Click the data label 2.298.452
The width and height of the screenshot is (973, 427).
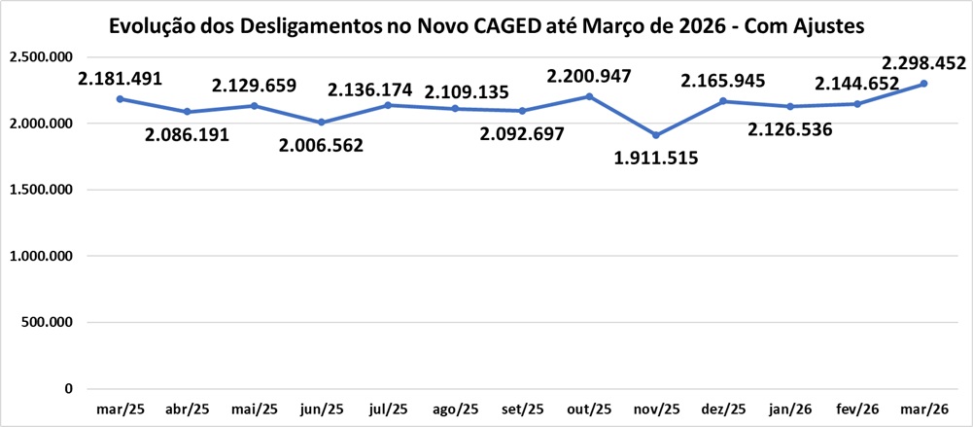922,64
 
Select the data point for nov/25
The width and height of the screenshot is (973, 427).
656,135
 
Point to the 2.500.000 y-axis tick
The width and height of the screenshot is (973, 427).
41,57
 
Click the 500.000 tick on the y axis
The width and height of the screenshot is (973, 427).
47,322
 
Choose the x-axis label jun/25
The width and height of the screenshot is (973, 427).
321,409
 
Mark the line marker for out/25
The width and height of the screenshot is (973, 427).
589,96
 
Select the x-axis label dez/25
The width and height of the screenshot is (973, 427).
722,409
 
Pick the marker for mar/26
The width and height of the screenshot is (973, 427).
923,84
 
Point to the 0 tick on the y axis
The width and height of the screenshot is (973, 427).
68,388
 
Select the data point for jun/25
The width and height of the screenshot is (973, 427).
321,123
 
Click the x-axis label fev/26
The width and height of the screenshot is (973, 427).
856,409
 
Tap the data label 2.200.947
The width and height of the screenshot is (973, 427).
589,75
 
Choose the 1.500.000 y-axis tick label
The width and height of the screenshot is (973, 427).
41,190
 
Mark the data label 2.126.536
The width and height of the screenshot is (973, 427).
789,128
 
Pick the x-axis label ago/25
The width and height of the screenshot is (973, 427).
455,409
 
